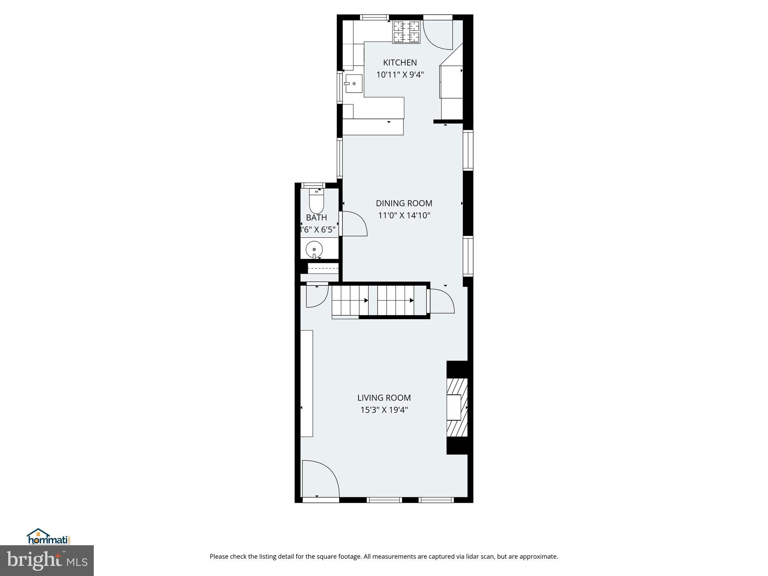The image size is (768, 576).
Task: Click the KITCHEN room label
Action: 400,63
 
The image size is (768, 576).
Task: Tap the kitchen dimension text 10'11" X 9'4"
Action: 400,75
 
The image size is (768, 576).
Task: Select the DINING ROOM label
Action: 404,203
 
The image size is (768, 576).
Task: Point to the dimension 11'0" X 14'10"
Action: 404,216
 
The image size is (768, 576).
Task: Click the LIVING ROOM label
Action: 384,397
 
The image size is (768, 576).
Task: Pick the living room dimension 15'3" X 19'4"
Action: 384,410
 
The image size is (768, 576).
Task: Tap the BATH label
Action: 316,217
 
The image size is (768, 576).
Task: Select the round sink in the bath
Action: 314,249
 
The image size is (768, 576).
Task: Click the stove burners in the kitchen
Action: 406,31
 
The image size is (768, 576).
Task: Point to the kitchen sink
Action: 354,84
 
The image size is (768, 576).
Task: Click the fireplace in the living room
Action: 457,408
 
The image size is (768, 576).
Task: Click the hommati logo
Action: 48,537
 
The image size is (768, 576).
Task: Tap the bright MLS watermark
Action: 47,560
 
